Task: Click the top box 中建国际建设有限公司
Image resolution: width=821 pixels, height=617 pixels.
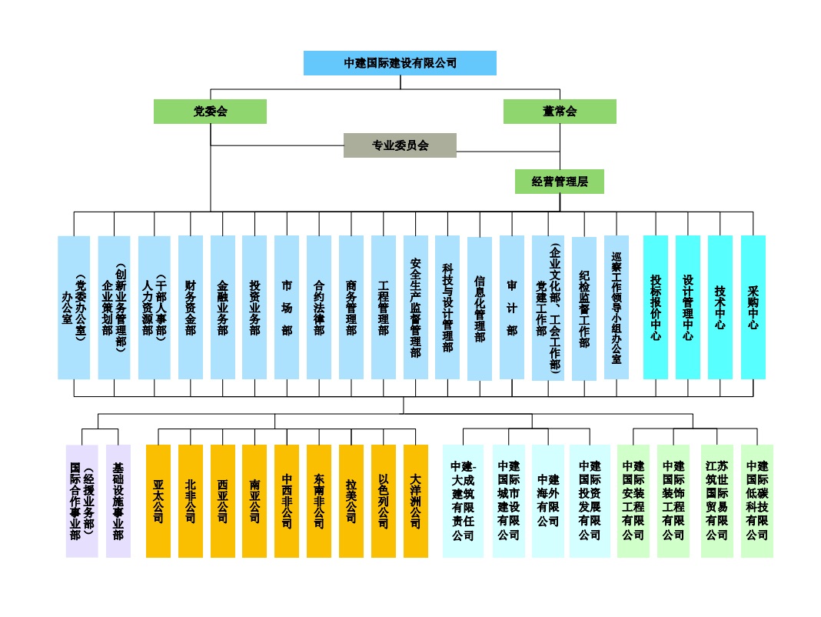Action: pos(400,63)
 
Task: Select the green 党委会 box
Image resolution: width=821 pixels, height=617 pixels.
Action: pos(210,112)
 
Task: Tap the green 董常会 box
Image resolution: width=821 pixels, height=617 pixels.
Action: pos(560,112)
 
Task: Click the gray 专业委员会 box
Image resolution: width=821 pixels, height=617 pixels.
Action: pos(400,145)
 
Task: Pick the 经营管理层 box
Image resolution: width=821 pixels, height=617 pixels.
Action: pos(560,182)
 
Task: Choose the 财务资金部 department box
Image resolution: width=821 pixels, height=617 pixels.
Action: pos(191,307)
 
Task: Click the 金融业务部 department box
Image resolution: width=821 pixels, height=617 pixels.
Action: pos(223,307)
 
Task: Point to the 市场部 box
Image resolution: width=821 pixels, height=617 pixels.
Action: pos(287,307)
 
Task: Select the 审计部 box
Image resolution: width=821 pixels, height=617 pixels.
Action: pos(511,307)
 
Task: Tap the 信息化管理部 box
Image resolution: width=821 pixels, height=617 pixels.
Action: pos(479,308)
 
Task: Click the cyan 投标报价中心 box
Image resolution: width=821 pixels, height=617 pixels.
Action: pos(656,307)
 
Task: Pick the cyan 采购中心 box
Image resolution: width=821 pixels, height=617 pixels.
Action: pos(753,307)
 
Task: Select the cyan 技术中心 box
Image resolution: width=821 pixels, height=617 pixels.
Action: pos(720,307)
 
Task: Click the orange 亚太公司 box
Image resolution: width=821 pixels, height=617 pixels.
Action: pos(158,501)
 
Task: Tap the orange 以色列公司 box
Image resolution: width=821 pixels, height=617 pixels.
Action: pos(383,501)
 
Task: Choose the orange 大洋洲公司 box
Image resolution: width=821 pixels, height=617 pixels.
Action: pos(415,501)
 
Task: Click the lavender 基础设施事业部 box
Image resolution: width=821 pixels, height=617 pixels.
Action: pos(118,501)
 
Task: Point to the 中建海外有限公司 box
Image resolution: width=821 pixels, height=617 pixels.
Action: pos(548,501)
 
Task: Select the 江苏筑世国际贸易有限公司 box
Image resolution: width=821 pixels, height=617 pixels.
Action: pos(716,501)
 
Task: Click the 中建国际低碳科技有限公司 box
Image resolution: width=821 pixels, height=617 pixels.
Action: pos(757,501)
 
